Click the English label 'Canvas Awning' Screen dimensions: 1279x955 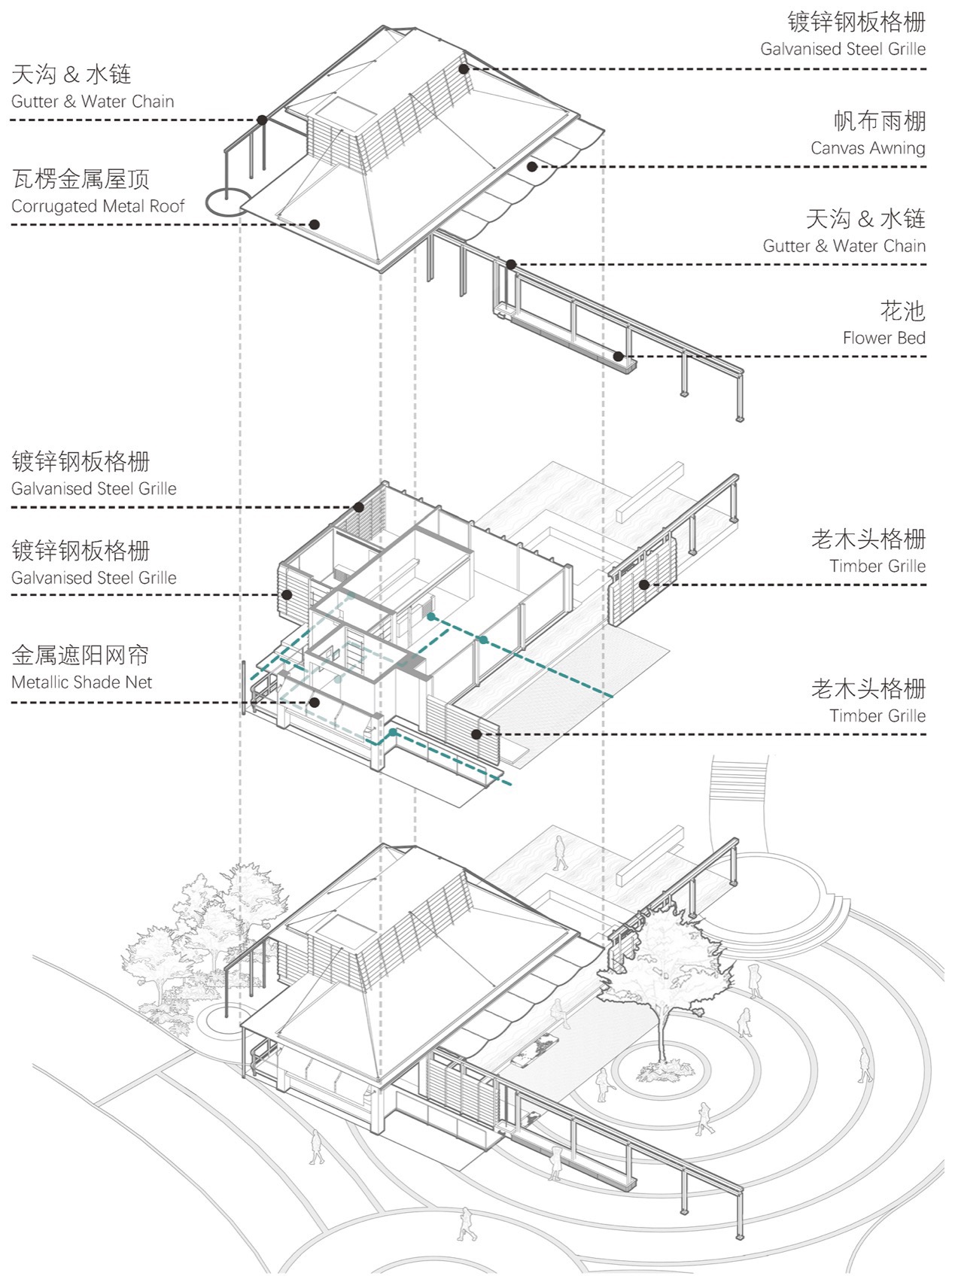click(868, 148)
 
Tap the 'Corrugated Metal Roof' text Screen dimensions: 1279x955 click(98, 206)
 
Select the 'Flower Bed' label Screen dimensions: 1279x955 click(884, 338)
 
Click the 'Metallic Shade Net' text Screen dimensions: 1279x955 click(81, 682)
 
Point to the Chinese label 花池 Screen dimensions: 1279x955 click(902, 311)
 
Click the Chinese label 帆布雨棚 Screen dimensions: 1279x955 click(879, 120)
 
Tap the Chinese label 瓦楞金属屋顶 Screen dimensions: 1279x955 click(81, 179)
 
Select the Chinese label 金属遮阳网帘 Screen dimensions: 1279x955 click(81, 655)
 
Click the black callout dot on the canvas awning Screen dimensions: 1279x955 click(532, 166)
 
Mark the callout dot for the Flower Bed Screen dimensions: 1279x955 click(618, 356)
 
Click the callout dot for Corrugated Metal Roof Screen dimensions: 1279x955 click(315, 224)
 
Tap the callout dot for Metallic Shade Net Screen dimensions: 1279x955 click(315, 703)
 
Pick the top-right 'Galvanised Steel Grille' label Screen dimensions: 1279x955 click(843, 49)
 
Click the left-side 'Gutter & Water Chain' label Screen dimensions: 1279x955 click(93, 102)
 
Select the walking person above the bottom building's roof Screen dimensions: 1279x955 click(560, 852)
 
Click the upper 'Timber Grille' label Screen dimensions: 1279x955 click(877, 566)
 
